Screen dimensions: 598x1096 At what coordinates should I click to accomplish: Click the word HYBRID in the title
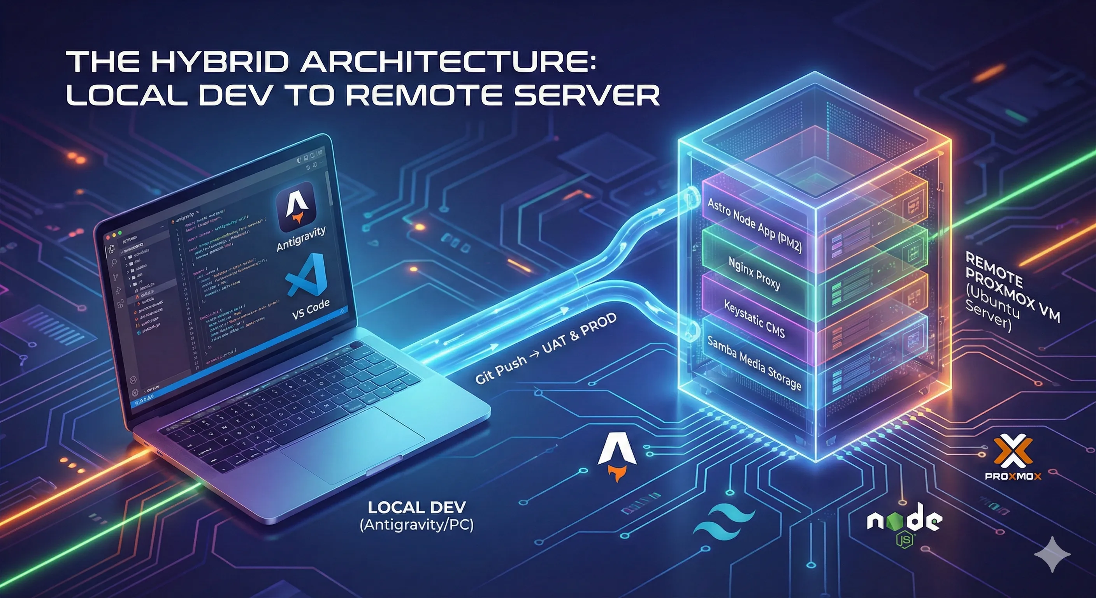pyautogui.click(x=221, y=62)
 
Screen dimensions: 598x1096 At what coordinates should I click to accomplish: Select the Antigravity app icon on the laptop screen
pyautogui.click(x=296, y=207)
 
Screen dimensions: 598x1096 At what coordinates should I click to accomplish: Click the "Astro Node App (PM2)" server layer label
pyautogui.click(x=754, y=225)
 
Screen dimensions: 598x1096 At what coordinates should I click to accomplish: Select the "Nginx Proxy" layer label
pyautogui.click(x=754, y=273)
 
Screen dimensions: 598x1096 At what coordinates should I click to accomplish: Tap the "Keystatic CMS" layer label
pyautogui.click(x=754, y=319)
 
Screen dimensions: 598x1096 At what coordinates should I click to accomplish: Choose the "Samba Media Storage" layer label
pyautogui.click(x=754, y=363)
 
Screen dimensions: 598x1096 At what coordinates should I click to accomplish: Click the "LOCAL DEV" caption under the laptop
pyautogui.click(x=416, y=507)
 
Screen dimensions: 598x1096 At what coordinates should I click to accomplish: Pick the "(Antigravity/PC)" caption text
pyautogui.click(x=416, y=525)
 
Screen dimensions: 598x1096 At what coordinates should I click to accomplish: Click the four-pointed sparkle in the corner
pyautogui.click(x=1052, y=554)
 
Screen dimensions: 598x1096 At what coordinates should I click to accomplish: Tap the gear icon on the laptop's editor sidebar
pyautogui.click(x=135, y=393)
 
